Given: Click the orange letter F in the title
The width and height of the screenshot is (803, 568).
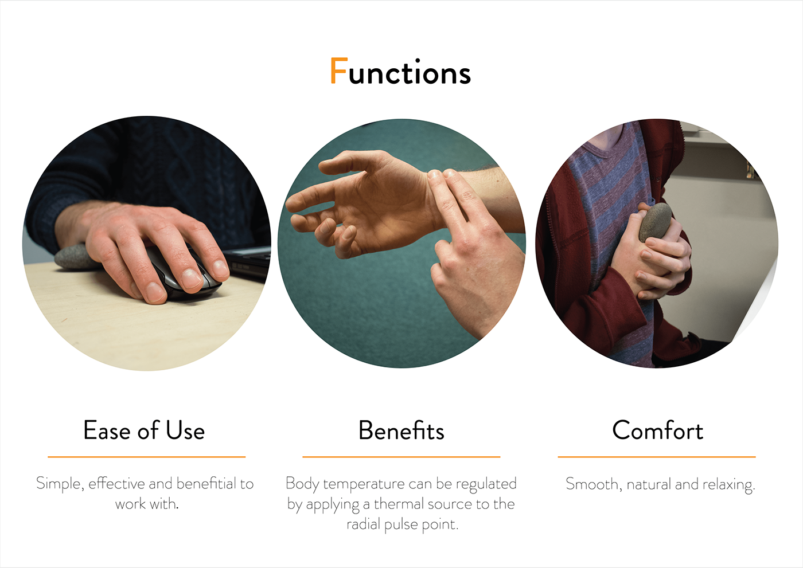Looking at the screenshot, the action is coord(339,70).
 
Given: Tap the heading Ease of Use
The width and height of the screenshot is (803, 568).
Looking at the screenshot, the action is coord(144,430).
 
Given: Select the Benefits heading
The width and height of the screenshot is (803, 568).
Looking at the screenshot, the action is coord(401,430).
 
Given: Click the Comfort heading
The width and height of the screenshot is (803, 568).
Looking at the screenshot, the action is coord(657,430).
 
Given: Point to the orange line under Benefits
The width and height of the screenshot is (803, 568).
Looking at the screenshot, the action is coord(401,457).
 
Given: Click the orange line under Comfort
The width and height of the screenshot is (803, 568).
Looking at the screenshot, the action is coord(657,457).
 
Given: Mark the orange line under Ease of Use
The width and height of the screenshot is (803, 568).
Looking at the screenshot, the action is coord(147,457).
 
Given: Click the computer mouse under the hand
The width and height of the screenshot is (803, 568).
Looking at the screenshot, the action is coord(186,276).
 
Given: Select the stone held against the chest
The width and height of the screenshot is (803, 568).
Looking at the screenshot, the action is coord(655,222).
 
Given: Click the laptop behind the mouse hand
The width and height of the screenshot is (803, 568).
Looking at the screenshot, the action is coord(247,261).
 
